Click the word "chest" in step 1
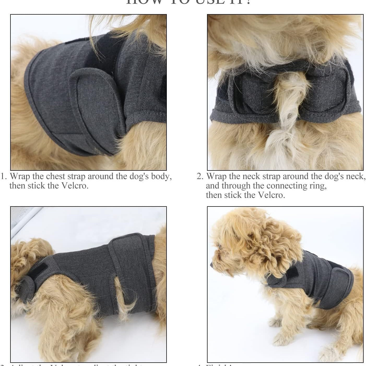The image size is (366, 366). (x=55, y=176)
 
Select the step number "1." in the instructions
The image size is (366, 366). (x=4, y=176)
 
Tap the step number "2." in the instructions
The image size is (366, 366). (x=200, y=176)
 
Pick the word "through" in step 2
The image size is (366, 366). (x=234, y=186)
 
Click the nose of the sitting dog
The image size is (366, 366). (x=211, y=265)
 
